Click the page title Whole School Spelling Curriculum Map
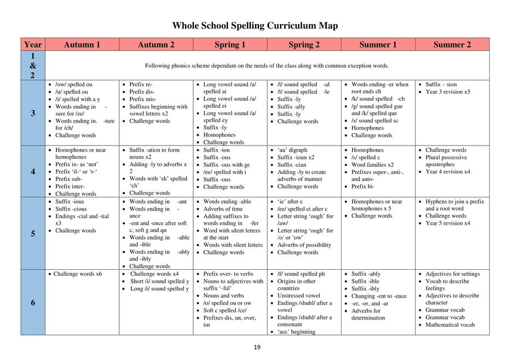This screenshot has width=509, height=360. coord(255,26)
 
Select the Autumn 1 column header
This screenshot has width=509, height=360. coord(82,44)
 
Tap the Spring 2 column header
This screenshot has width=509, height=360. coord(304,44)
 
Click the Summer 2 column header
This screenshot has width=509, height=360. coord(452,44)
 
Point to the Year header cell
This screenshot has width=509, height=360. coord(33,44)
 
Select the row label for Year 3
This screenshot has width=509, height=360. coord(33,113)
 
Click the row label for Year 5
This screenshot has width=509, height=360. coord(33,234)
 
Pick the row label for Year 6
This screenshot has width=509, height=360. coord(33,303)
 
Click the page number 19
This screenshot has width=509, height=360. coord(257,347)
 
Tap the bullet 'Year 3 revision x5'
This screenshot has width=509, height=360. coord(448,92)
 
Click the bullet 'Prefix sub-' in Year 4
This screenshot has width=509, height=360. coord(69,178)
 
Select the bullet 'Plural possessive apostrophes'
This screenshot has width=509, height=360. coord(447,160)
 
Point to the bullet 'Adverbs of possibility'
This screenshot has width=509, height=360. coord(304,245)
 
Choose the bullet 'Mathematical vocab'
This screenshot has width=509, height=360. coord(450,324)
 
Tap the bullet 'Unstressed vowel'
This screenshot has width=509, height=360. coord(299,295)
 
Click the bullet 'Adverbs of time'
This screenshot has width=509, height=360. coord(223,208)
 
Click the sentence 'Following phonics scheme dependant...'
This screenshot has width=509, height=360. coord(267,66)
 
